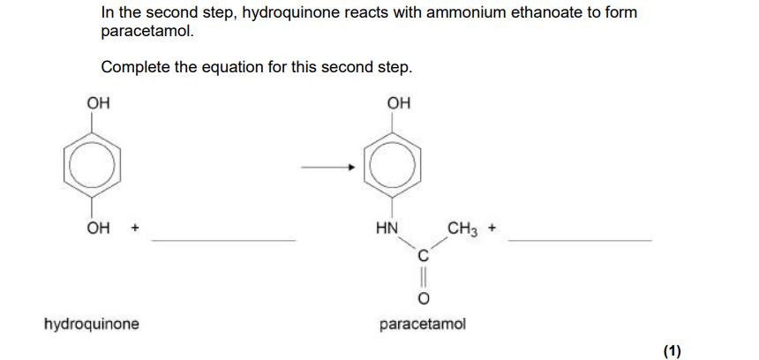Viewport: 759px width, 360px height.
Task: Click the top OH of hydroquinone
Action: pyautogui.click(x=98, y=103)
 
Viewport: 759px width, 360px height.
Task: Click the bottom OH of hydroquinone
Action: pyautogui.click(x=98, y=228)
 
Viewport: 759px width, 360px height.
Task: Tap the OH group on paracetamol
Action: pyautogui.click(x=399, y=103)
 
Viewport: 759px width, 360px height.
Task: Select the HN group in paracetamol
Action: pyautogui.click(x=387, y=228)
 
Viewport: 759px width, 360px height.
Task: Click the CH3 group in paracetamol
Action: pyautogui.click(x=463, y=228)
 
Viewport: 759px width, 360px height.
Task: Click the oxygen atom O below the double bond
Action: pyautogui.click(x=423, y=299)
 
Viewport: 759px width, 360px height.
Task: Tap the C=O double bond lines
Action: pyautogui.click(x=423, y=278)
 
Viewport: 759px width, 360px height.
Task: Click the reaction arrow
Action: pyautogui.click(x=328, y=168)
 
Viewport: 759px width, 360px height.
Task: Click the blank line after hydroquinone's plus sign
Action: pyautogui.click(x=223, y=240)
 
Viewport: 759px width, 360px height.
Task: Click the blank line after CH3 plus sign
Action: pyautogui.click(x=580, y=240)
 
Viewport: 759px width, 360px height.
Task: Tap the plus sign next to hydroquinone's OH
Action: pyautogui.click(x=135, y=228)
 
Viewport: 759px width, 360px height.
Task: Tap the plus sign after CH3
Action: pyautogui.click(x=492, y=228)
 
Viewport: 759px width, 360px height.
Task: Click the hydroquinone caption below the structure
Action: pyautogui.click(x=92, y=324)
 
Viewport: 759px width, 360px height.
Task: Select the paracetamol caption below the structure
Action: pyautogui.click(x=423, y=324)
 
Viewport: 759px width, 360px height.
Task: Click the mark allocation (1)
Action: pyautogui.click(x=672, y=351)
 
